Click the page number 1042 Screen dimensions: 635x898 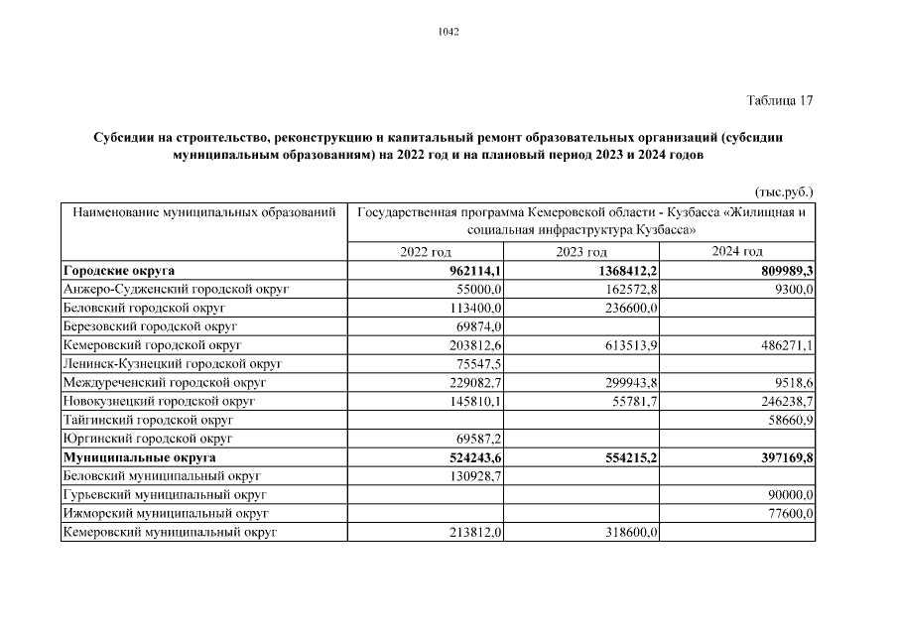pyautogui.click(x=449, y=32)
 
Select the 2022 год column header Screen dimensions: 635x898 pyautogui.click(x=426, y=252)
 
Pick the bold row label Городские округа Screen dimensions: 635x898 pyautogui.click(x=124, y=270)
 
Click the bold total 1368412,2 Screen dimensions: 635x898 pyautogui.click(x=624, y=270)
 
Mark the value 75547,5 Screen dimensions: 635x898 pyautogui.click(x=478, y=364)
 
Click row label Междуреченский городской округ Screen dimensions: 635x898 pyautogui.click(x=165, y=383)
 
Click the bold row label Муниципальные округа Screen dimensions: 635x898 pyautogui.click(x=138, y=457)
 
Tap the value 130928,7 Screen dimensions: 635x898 pyautogui.click(x=475, y=476)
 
